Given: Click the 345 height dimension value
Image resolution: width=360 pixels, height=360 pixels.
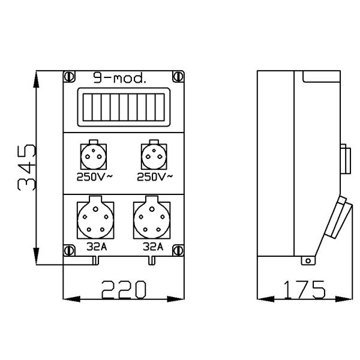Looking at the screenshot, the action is click(x=26, y=167).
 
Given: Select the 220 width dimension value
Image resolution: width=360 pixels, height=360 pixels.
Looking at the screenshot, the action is click(x=124, y=289).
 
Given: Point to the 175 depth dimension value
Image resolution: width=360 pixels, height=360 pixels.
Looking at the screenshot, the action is click(x=304, y=289).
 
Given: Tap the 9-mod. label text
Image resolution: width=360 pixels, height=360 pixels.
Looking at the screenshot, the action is click(x=119, y=78).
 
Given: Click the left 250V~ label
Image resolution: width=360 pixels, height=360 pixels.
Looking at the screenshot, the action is click(x=95, y=177).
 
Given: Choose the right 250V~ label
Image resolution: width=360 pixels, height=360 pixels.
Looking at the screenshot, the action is click(x=155, y=177).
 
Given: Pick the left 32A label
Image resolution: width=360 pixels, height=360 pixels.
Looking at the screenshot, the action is click(x=97, y=247).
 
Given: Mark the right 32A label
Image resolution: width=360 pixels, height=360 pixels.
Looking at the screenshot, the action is click(x=153, y=247).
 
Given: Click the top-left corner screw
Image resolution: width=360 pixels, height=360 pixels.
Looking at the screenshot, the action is click(x=69, y=76).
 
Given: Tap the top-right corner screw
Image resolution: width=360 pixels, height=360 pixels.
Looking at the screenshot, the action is click(x=178, y=76).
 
